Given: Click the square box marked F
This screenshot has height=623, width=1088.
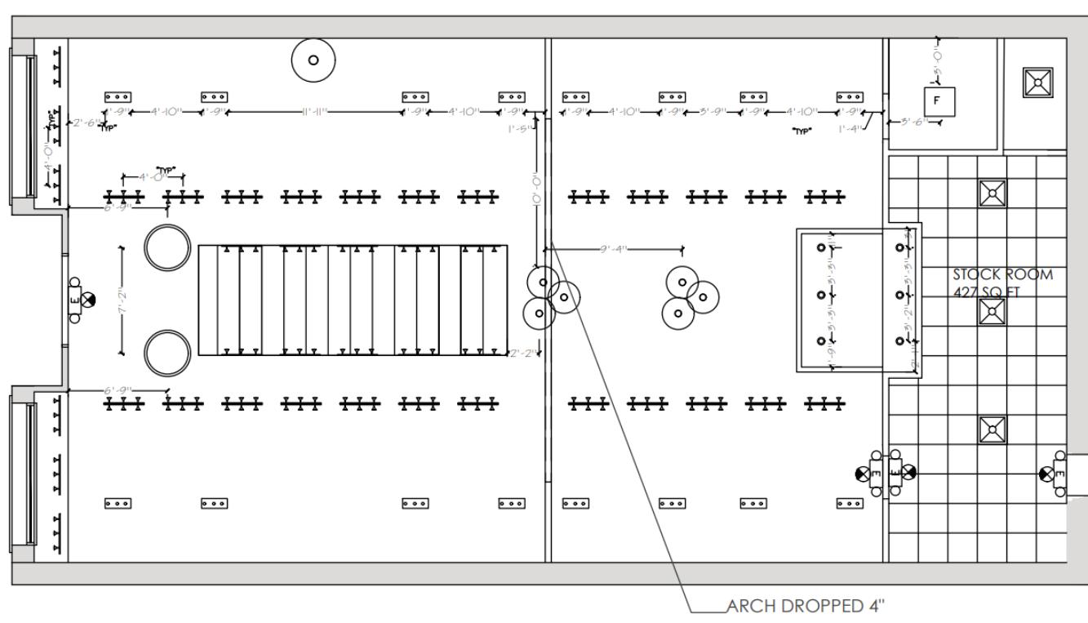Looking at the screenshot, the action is pos(936,100).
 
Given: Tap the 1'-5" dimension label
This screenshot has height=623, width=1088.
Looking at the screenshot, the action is pos(519,128).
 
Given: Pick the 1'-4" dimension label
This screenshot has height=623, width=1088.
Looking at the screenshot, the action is pos(850,128).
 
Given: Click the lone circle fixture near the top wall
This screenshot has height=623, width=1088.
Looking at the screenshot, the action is pos(313,60).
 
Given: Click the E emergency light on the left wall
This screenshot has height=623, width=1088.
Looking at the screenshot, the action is pos(76,300).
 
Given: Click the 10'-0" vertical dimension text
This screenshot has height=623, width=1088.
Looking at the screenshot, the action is pos(535,194).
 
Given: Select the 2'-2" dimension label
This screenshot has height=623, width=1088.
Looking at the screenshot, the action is pos(522,353).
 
